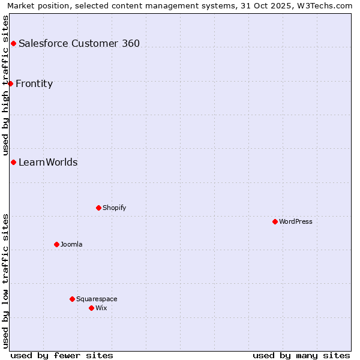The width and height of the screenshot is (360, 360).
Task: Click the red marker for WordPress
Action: pyautogui.click(x=275, y=221)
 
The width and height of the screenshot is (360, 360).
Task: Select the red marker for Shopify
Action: pyautogui.click(x=98, y=208)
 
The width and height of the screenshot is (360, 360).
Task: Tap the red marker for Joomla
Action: pyautogui.click(x=56, y=244)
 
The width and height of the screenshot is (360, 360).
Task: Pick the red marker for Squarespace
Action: pyautogui.click(x=72, y=299)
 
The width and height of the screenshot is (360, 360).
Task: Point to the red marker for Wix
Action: pyautogui.click(x=91, y=308)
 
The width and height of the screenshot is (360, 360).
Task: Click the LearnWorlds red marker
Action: pyautogui.click(x=13, y=162)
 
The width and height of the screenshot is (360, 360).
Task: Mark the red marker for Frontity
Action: pyautogui.click(x=10, y=83)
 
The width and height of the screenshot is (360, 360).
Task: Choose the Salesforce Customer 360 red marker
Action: pyautogui.click(x=13, y=43)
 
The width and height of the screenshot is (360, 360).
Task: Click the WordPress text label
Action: pyautogui.click(x=296, y=221)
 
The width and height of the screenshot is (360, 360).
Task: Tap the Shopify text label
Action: pyautogui.click(x=114, y=208)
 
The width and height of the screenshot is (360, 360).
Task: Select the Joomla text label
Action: pyautogui.click(x=71, y=244)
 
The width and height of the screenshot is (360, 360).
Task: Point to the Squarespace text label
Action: pyautogui.click(x=97, y=299)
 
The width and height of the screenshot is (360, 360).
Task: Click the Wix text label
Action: pyautogui.click(x=101, y=308)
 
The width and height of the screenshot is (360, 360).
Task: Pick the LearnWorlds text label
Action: pyautogui.click(x=48, y=162)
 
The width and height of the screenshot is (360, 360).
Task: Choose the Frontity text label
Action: pyautogui.click(x=34, y=83)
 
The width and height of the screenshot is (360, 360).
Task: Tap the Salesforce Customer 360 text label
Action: pyautogui.click(x=79, y=43)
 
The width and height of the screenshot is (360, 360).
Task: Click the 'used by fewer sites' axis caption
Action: pyautogui.click(x=62, y=355)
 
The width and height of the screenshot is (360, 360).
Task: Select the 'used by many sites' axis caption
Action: pyautogui.click(x=301, y=355)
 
